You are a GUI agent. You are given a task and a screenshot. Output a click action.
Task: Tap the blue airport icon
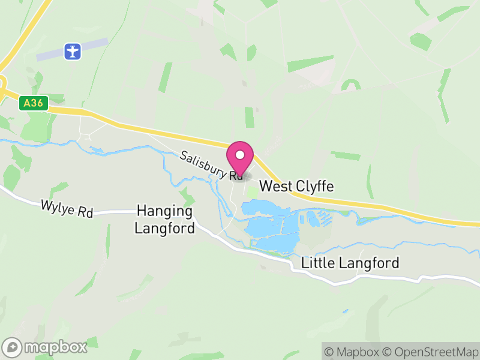click(x=73, y=51)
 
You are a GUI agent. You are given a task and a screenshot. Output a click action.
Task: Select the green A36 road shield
click(x=33, y=103)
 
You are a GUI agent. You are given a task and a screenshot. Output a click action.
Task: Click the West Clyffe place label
click(x=296, y=187)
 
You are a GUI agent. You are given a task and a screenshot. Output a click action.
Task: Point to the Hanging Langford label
click(x=164, y=220)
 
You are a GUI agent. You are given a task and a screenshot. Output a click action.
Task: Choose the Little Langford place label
click(x=350, y=263)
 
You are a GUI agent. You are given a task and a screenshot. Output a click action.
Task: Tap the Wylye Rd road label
click(x=67, y=208)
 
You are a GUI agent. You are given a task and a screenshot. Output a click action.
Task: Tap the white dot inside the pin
click(x=241, y=155)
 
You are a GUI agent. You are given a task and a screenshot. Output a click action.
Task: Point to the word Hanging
click(x=164, y=211)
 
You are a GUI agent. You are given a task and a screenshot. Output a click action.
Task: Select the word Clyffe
click(x=313, y=187)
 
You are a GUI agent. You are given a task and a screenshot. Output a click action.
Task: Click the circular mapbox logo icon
click(x=12, y=347)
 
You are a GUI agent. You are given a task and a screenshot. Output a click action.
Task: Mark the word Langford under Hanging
click(x=164, y=229)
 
